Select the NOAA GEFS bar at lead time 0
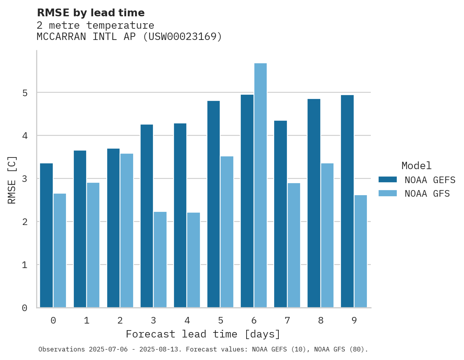coord(47,235)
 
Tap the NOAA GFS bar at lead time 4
coord(193,260)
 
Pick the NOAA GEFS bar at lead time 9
coord(347,201)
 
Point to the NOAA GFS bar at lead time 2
coord(127,230)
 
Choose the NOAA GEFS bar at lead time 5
coord(214,204)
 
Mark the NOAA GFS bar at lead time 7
coord(294,245)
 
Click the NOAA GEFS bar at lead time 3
coord(147,216)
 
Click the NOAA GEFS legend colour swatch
coord(388,180)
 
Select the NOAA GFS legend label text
coord(427,194)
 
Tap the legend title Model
coord(416,166)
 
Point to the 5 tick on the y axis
coord(24,93)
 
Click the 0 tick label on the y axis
coord(24,308)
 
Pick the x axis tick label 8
coord(321,320)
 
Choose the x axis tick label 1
coord(87,320)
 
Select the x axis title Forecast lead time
coord(203,334)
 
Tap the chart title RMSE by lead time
coord(90,13)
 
